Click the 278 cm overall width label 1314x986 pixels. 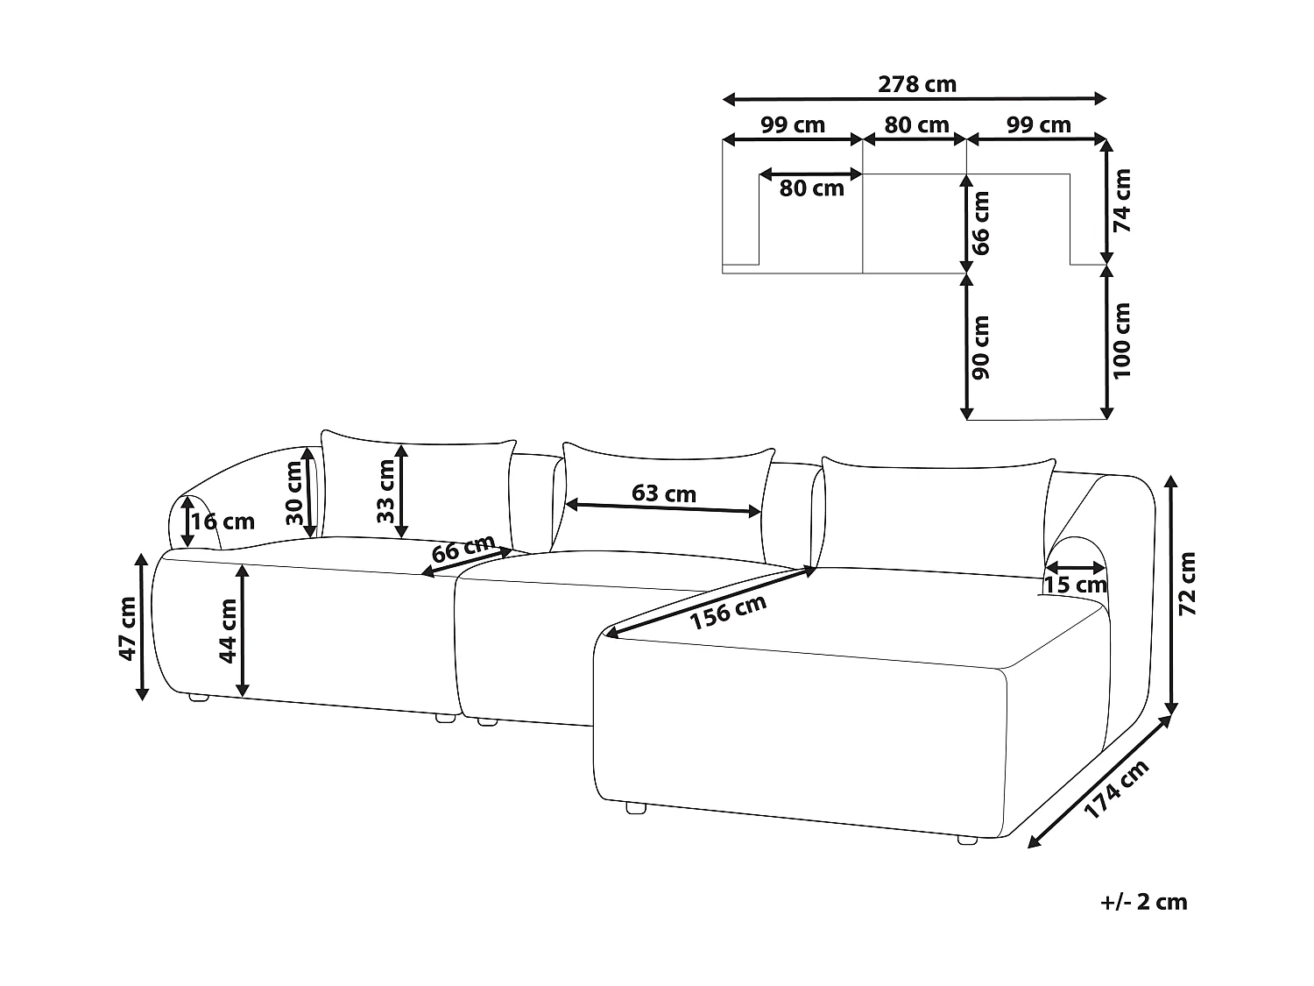[x=916, y=84]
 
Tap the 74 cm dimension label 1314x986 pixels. [x=1121, y=201]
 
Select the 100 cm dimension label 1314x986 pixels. [x=1121, y=341]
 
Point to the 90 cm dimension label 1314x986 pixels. [x=980, y=347]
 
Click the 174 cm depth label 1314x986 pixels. [x=1117, y=789]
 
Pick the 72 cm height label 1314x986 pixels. [x=1186, y=584]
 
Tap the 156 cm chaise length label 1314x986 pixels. [x=728, y=613]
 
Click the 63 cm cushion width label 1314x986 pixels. [x=664, y=493]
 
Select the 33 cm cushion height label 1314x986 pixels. [x=386, y=491]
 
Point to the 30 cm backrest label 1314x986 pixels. [x=294, y=493]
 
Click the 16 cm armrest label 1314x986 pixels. [x=223, y=522]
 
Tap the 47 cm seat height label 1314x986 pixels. [x=128, y=628]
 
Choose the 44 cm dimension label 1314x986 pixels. [x=228, y=631]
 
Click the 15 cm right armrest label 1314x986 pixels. [x=1076, y=585]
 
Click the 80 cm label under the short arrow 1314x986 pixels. [x=812, y=188]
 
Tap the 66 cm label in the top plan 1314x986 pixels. [x=980, y=223]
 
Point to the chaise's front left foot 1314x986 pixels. [x=636, y=808]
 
